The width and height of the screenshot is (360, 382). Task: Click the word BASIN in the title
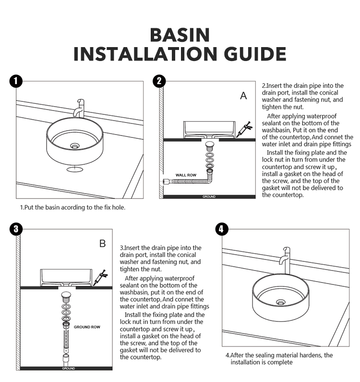click(x=180, y=35)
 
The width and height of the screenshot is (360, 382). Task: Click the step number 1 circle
click(x=16, y=81)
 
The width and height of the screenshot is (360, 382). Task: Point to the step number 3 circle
click(x=16, y=228)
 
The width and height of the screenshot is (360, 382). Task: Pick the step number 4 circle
click(x=221, y=229)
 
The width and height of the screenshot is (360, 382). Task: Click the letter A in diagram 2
click(x=243, y=96)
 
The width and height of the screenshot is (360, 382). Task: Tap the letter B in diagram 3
click(x=102, y=244)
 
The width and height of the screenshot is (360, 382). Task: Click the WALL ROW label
click(x=186, y=175)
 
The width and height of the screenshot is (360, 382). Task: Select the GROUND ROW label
click(x=87, y=327)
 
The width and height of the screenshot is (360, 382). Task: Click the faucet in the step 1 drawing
click(x=80, y=109)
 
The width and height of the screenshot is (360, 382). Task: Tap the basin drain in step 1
click(x=74, y=145)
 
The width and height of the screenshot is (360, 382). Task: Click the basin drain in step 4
click(x=280, y=302)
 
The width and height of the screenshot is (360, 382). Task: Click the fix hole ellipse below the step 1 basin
click(x=74, y=169)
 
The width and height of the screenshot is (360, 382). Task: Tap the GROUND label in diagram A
click(x=209, y=197)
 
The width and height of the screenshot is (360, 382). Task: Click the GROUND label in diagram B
click(x=69, y=368)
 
